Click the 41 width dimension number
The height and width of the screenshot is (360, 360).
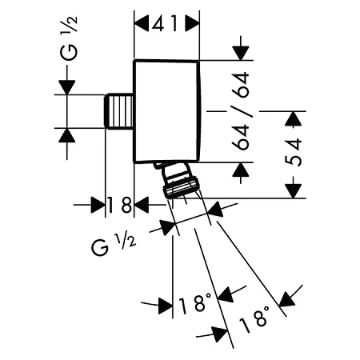tap(166, 24)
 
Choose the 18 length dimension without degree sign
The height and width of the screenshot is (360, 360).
tap(119, 206)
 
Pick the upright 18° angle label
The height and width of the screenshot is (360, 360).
tap(197, 304)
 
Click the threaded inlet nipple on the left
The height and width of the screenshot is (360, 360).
tap(119, 110)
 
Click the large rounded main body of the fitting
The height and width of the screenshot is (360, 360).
tap(166, 110)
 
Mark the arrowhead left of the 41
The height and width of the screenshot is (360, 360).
tap(142, 24)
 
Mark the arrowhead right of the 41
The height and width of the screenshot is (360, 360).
tap(192, 24)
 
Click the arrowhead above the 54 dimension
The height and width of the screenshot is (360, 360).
tap(294, 119)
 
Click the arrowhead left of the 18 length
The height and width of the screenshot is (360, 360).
tap(98, 206)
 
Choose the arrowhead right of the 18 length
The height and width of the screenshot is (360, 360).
tap(142, 206)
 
